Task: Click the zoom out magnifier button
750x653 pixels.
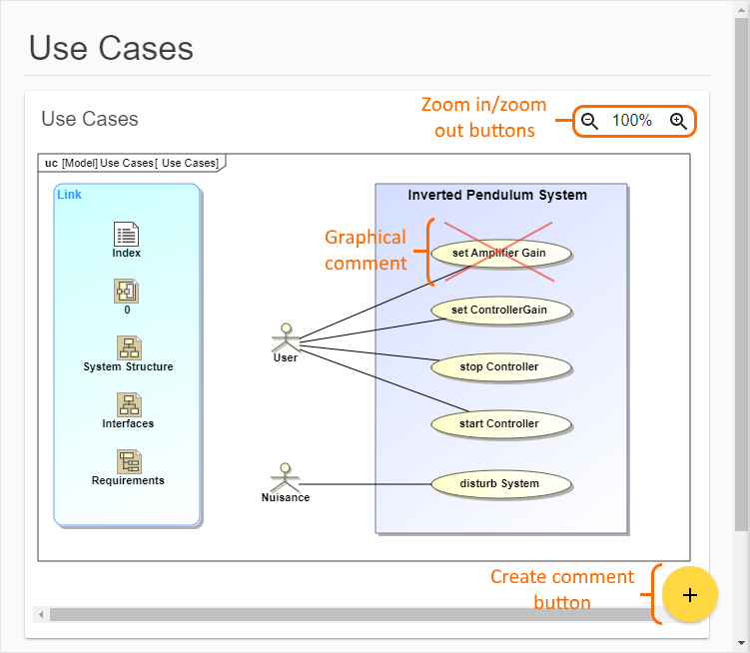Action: (x=590, y=121)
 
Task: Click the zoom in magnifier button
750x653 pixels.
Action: (x=678, y=121)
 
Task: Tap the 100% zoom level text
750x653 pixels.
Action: (x=632, y=121)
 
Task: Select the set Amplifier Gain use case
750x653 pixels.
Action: (x=499, y=253)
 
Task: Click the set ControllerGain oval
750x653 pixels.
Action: (x=499, y=310)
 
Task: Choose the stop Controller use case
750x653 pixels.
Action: (x=499, y=366)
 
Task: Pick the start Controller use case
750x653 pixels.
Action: (x=499, y=423)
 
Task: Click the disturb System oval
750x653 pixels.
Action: (x=499, y=483)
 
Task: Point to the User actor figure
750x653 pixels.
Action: (x=286, y=336)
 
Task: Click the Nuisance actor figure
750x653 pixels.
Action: (x=286, y=475)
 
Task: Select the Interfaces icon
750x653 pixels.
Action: (x=128, y=404)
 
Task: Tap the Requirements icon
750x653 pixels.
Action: (x=128, y=461)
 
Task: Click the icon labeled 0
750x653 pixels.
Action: (x=127, y=291)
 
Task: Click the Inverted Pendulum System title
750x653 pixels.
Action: (x=497, y=195)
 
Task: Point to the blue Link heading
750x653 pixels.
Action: (x=70, y=194)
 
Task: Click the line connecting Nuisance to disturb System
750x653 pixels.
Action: (x=370, y=484)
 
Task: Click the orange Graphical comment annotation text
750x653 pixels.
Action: (x=366, y=250)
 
